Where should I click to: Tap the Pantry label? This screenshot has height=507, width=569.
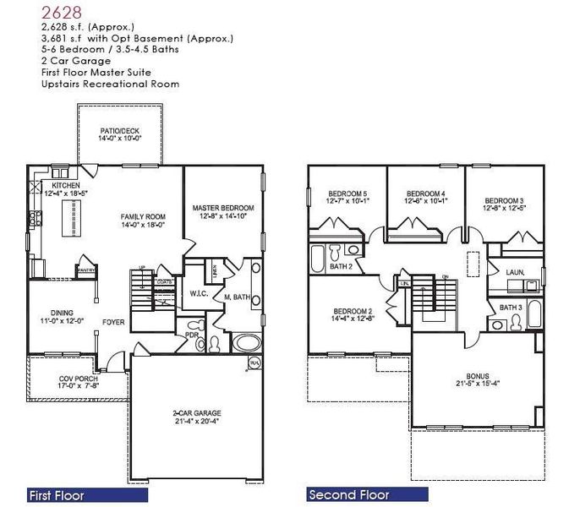pos(85,270)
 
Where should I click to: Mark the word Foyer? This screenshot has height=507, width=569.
pos(114,322)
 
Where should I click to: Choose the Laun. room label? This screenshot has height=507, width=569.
pos(515,272)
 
